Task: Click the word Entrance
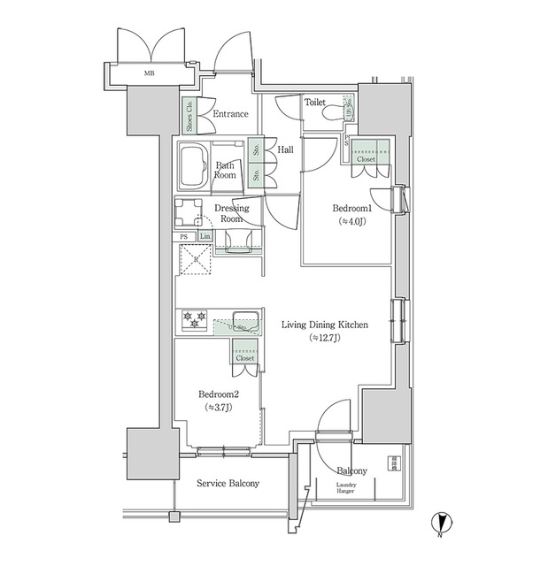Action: [230, 114]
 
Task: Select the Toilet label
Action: [314, 103]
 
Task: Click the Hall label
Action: [285, 150]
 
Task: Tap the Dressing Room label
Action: [231, 213]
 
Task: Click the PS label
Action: [184, 237]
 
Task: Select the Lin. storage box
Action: [205, 237]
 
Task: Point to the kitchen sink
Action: [245, 320]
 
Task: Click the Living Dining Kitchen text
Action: [324, 325]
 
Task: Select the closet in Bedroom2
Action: [245, 354]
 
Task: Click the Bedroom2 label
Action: [215, 394]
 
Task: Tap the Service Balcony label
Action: [228, 483]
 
